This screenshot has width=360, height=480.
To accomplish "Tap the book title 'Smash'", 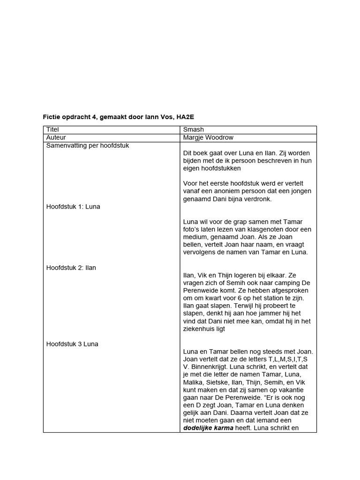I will coord(193,129).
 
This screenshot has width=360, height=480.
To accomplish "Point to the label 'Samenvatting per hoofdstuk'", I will coord(87,145).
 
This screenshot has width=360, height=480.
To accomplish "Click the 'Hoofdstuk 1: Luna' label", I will coord(73,206).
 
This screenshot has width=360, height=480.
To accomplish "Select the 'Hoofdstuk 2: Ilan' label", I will coord(71,267).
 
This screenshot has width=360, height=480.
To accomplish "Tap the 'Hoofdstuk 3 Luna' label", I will coord(72,344).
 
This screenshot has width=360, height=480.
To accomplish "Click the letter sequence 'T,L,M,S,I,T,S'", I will coord(285,359).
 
